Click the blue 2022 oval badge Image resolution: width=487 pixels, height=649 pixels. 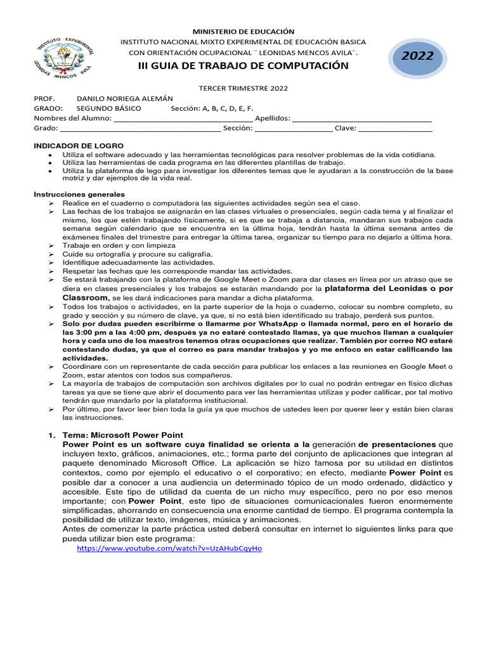click(x=417, y=56)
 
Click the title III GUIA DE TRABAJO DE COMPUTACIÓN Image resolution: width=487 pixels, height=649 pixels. click(x=243, y=66)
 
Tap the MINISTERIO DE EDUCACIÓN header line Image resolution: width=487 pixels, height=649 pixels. click(x=243, y=31)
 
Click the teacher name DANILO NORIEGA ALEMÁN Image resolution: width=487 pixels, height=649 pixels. click(x=125, y=99)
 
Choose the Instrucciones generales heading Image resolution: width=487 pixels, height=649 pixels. click(x=79, y=194)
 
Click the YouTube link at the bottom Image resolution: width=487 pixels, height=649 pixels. click(x=169, y=548)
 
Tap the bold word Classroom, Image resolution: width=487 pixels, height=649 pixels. click(x=86, y=297)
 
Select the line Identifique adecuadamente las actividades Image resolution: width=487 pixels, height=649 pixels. click(x=139, y=262)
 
